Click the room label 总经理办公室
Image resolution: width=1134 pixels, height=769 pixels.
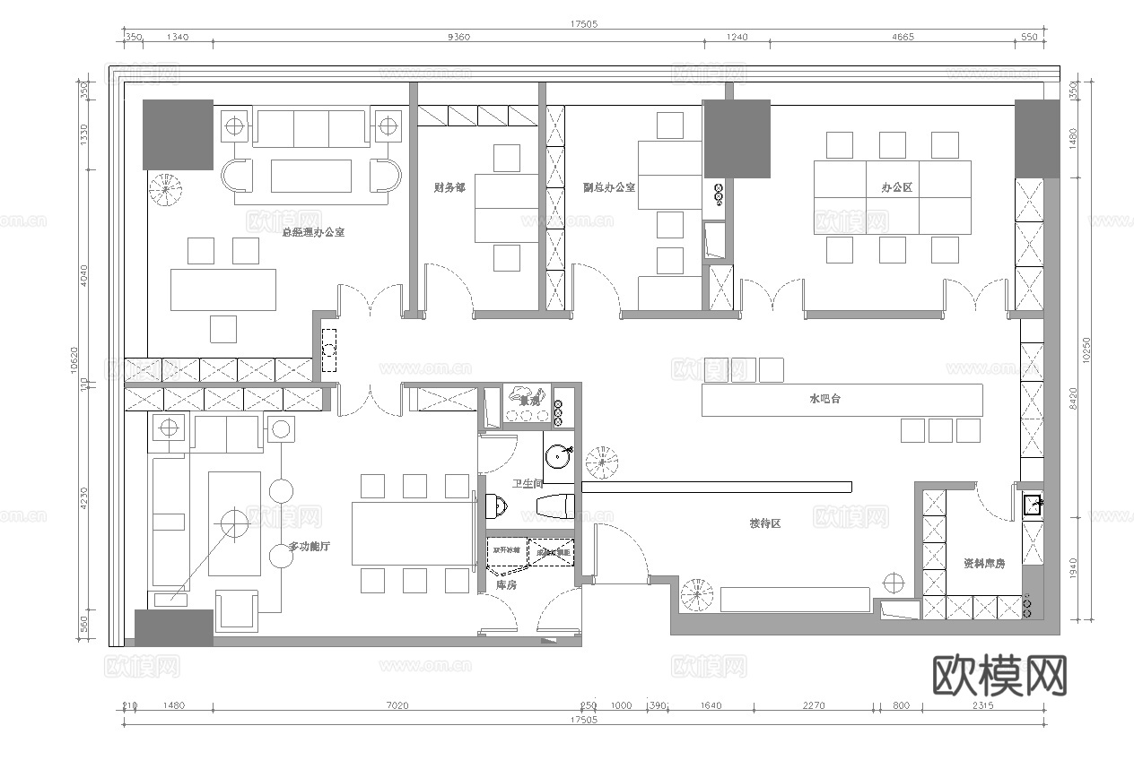313,232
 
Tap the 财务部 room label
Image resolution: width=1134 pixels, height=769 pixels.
449,188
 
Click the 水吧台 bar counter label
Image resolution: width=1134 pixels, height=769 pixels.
824,399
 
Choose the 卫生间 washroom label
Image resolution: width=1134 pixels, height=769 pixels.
528,484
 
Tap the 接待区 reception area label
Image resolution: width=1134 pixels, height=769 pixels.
765,523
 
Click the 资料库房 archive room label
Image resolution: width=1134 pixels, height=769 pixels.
984,564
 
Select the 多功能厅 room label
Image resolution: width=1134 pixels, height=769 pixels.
308,547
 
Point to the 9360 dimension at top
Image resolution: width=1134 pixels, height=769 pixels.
458,37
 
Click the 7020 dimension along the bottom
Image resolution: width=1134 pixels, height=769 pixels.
397,706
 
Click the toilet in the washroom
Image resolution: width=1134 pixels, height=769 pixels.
495,507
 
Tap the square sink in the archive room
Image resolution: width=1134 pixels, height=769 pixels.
1033,505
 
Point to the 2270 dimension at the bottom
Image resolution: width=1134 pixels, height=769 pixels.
813,706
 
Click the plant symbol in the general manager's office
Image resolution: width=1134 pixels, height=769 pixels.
165,189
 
